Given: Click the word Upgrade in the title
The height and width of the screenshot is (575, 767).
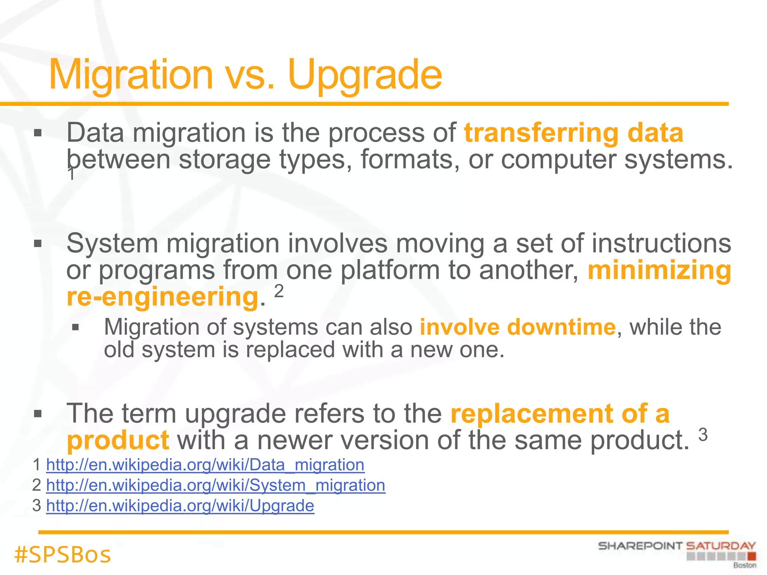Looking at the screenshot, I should coord(365,75).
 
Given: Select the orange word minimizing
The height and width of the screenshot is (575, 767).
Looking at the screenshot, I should coord(659,270).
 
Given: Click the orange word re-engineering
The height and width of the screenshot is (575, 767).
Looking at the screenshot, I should coord(163,296).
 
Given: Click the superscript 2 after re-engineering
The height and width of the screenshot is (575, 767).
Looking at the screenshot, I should coord(279,291).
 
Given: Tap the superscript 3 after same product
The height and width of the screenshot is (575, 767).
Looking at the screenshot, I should coord(703,435).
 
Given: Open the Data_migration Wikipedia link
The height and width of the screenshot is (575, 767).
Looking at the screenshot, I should coord(205,465).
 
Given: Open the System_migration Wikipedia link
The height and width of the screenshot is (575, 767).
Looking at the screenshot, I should coord(216,486).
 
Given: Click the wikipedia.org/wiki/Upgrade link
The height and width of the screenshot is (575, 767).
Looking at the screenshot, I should coord(180,506).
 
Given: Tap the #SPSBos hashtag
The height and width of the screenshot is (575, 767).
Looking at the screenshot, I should coord(63,554).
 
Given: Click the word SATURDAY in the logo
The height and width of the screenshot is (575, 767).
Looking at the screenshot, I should coord(721,546).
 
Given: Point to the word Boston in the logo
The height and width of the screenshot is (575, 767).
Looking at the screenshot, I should coord(745,565).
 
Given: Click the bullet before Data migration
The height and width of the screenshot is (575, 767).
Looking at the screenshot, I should coord(37,133).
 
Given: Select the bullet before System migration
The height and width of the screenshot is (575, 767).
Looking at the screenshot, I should coord(37,244).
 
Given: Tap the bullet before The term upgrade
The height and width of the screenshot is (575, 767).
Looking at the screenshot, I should coord(37,414).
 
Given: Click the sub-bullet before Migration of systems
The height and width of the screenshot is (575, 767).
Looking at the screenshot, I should coord(76,328).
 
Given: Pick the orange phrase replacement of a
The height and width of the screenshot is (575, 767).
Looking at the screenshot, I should coord(560,414).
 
